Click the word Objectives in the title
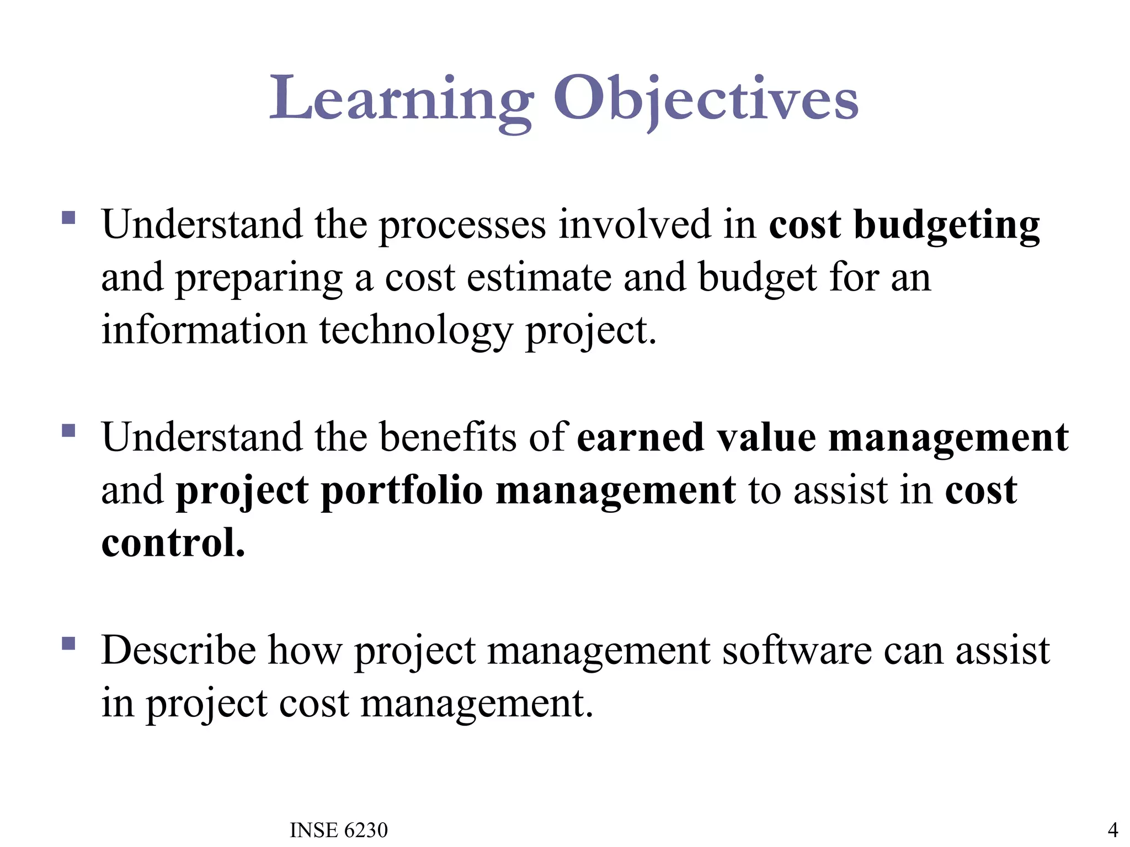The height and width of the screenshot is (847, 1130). pos(706,99)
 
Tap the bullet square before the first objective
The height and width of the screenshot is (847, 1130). pos(68,217)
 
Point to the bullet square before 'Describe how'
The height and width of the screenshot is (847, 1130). pos(68,643)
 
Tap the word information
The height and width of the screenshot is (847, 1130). pos(204,331)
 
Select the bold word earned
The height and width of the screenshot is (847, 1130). pos(640,437)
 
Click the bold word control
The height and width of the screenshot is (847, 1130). pos(173,543)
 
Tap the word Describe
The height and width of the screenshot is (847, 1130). pos(178,651)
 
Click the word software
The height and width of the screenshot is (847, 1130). pos(796,651)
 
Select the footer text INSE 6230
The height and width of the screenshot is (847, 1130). pos(338,830)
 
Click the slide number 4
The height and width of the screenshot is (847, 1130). pos(1113,829)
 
